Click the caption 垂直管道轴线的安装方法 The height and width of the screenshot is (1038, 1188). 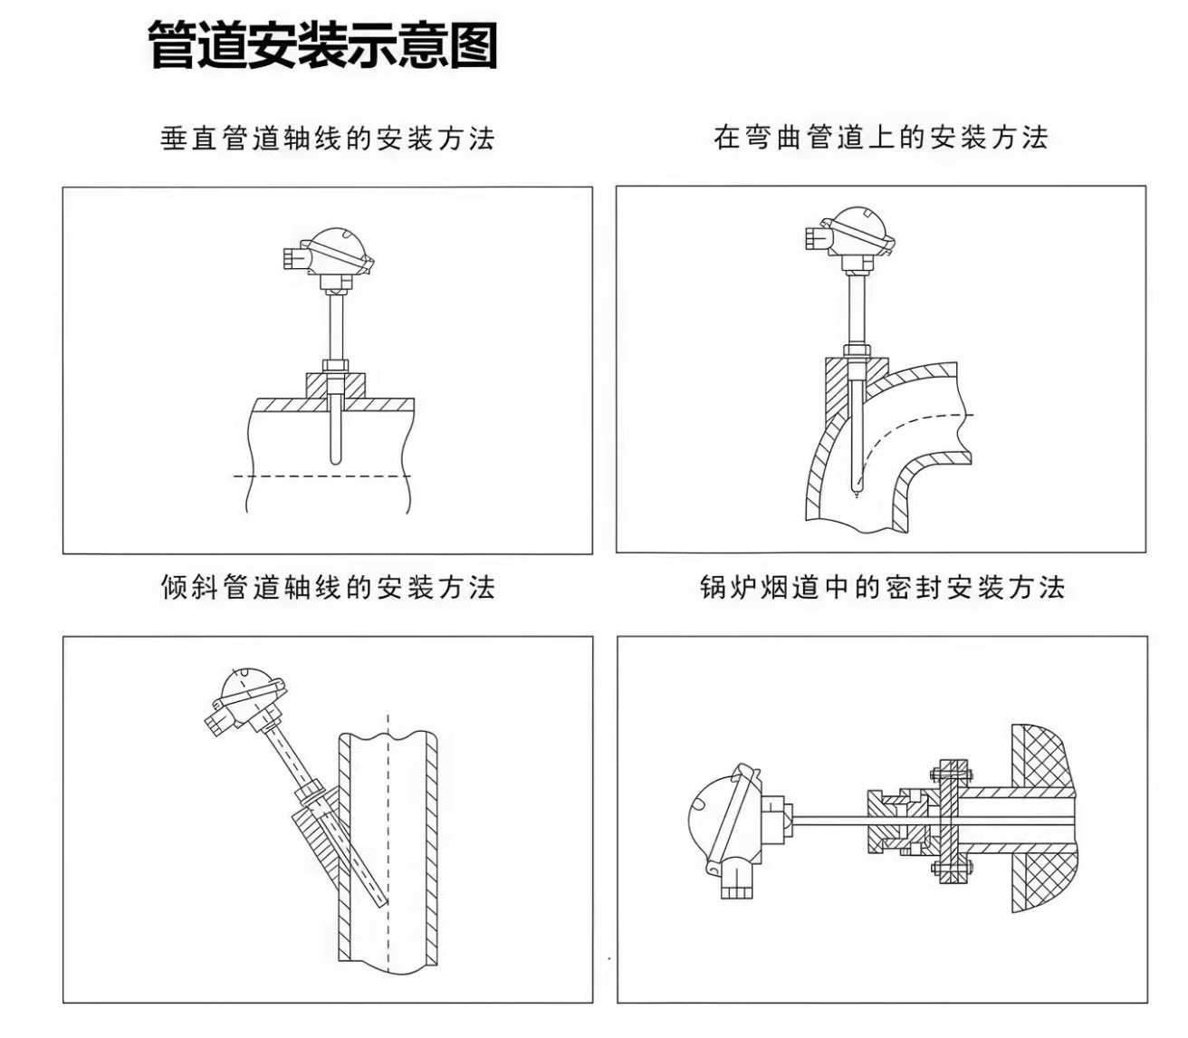(328, 139)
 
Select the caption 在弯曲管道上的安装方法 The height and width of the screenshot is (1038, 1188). (880, 138)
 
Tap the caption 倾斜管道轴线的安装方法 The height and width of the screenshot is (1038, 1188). (328, 587)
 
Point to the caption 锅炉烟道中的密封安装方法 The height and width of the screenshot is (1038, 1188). (882, 587)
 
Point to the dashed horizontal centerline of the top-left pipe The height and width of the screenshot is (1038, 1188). (321, 476)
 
